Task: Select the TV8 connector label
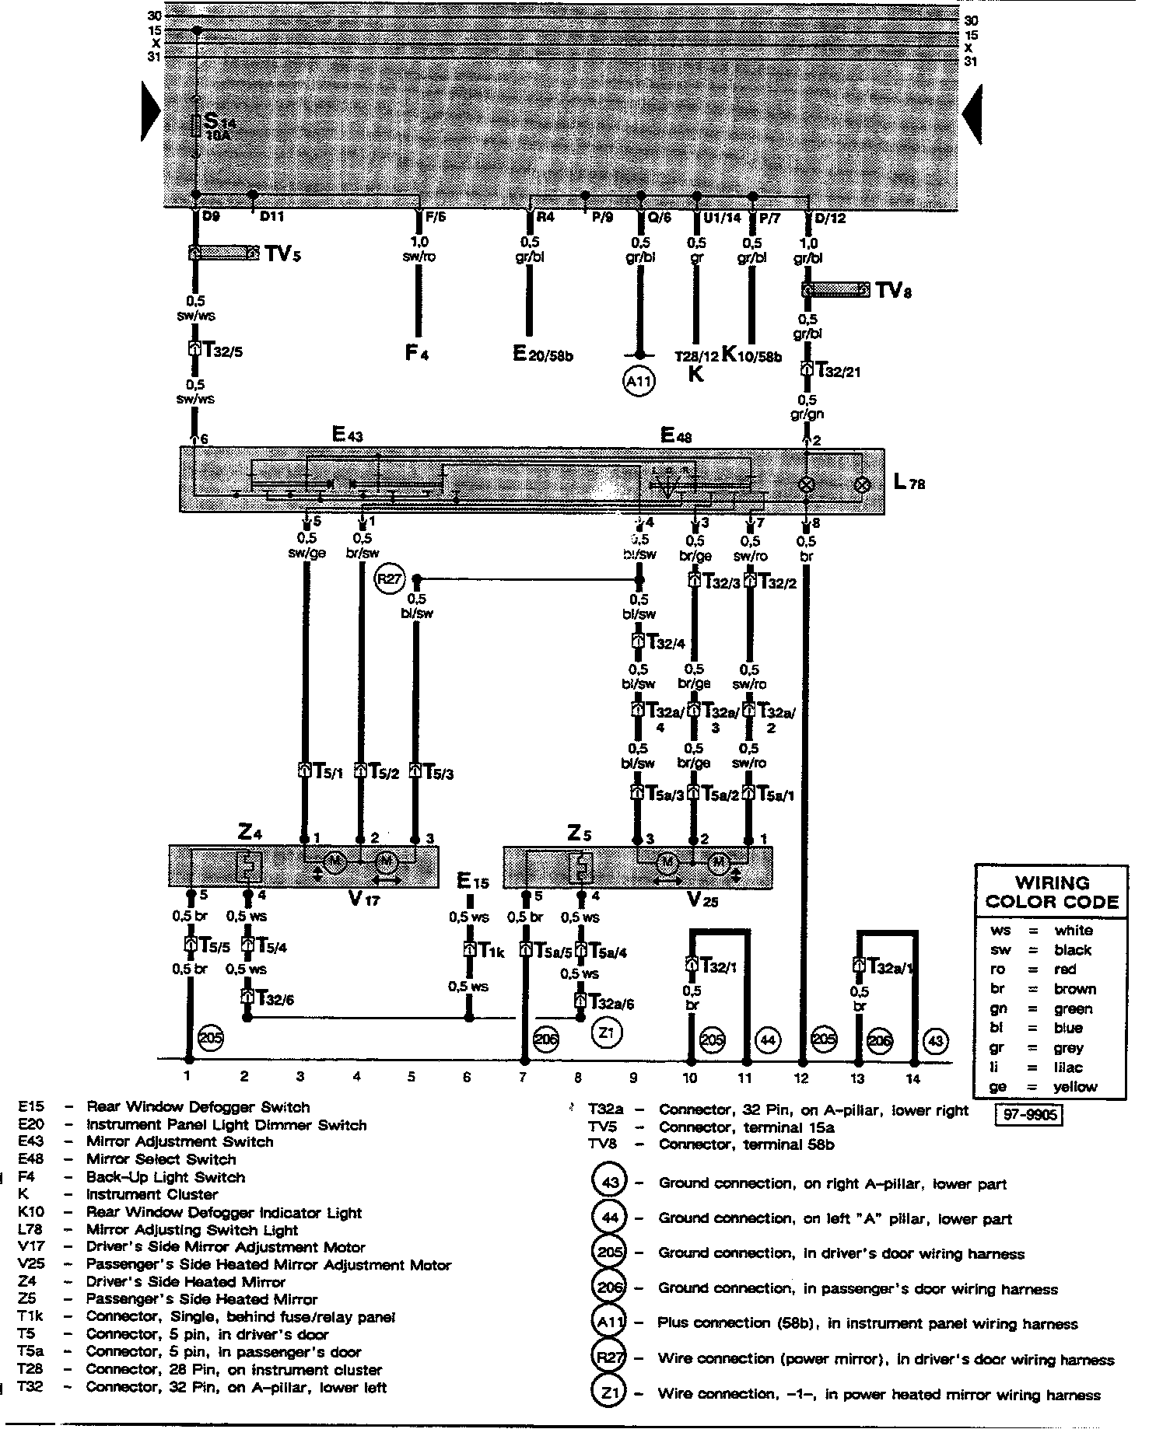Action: tap(893, 291)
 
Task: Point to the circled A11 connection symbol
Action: tap(639, 382)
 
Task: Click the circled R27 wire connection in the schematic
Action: tap(389, 579)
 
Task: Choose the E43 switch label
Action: tap(347, 435)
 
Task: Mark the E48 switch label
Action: tap(675, 436)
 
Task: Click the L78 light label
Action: tap(909, 483)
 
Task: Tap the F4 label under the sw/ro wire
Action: tap(416, 354)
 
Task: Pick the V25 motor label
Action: tap(702, 900)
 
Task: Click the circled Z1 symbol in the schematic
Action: tap(607, 1033)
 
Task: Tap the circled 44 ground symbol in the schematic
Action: tap(768, 1040)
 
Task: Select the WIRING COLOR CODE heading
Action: tap(1051, 893)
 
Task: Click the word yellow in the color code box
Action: tap(1075, 1087)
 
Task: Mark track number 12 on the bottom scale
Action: tap(801, 1078)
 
